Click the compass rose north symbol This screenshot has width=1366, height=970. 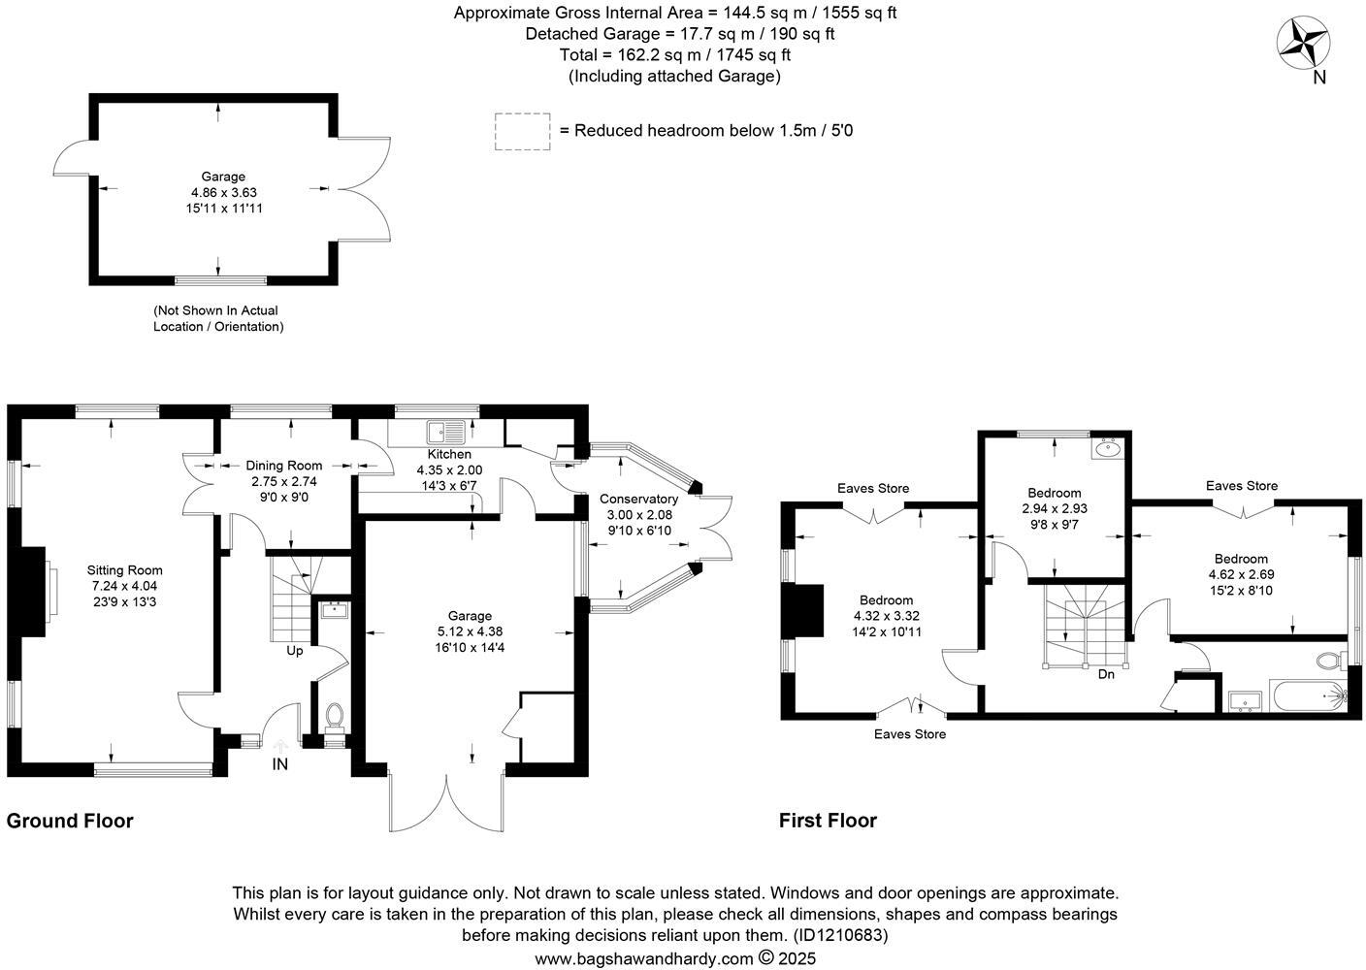1303,45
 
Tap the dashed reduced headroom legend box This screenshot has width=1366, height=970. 522,131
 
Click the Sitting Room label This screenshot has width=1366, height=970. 124,570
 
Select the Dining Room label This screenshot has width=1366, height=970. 283,466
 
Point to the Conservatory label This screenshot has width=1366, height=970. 637,499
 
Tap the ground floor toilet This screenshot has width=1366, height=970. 335,715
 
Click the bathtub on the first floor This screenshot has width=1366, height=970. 1306,695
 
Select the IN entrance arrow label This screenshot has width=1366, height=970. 280,764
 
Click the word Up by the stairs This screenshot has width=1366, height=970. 294,651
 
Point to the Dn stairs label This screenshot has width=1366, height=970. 1105,674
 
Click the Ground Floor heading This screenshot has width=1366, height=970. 70,821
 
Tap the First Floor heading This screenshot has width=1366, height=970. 828,821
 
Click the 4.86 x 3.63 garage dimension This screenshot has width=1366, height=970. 223,192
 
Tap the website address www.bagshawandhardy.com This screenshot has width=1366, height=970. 643,958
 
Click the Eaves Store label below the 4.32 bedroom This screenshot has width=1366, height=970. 909,734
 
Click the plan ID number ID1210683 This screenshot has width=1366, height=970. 840,936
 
